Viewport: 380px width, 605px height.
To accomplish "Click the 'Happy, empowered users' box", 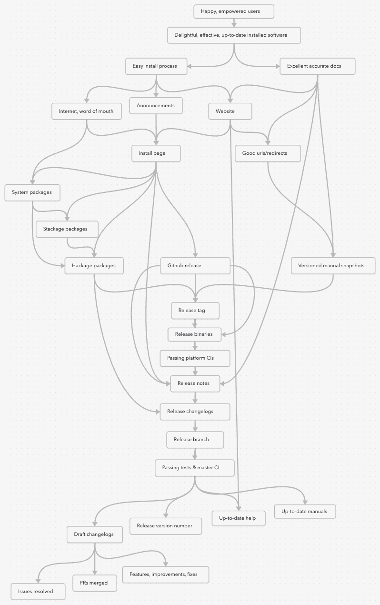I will click(234, 11).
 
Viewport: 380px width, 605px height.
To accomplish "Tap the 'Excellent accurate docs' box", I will click(317, 66).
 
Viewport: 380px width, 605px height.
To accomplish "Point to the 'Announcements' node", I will click(156, 106).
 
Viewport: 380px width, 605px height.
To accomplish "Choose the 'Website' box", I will click(230, 111).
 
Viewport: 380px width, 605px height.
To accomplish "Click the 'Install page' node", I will click(156, 153).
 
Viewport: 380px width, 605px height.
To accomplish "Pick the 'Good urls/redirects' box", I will click(268, 153).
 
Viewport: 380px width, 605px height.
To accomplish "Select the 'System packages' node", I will click(32, 192).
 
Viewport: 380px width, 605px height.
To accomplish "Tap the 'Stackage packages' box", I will click(67, 229).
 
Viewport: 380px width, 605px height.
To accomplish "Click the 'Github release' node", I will click(195, 266).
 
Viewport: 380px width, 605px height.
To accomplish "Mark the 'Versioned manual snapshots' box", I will click(333, 266).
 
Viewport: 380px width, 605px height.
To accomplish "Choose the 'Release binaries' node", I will click(195, 334).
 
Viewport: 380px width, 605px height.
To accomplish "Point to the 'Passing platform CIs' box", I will click(195, 358).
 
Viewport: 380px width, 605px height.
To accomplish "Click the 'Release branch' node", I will click(195, 440).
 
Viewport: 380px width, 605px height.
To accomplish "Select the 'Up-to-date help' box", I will click(238, 518).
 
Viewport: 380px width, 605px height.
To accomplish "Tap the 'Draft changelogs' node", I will click(95, 534).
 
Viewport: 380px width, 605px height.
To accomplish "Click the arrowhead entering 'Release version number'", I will click(166, 515).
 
